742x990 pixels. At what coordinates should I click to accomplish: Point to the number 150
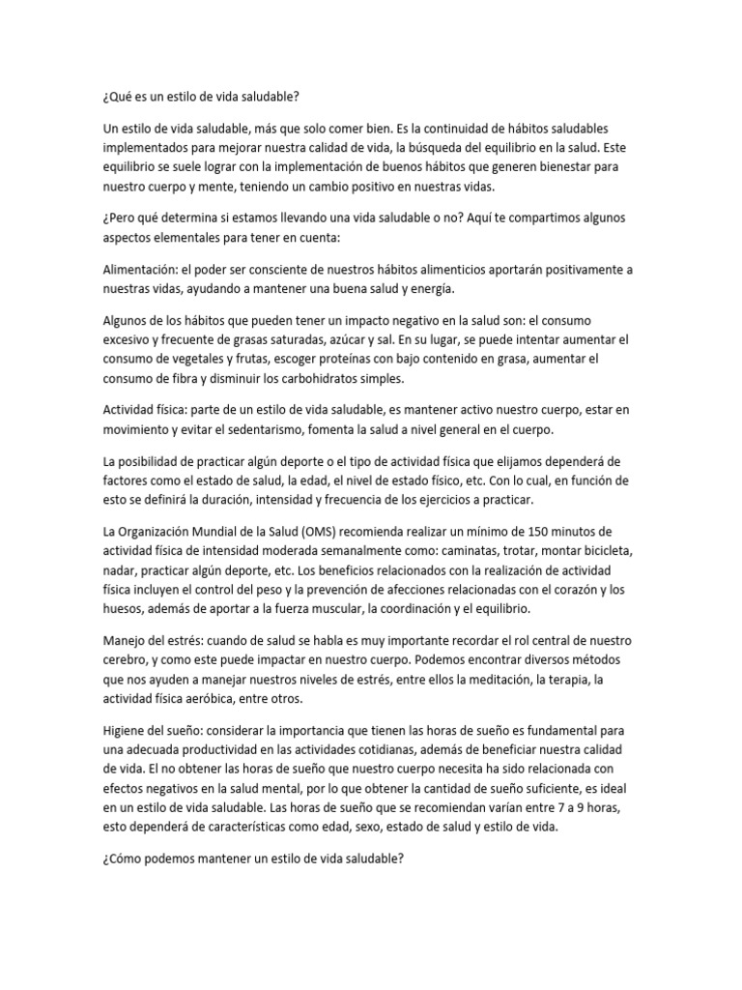coord(543,532)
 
